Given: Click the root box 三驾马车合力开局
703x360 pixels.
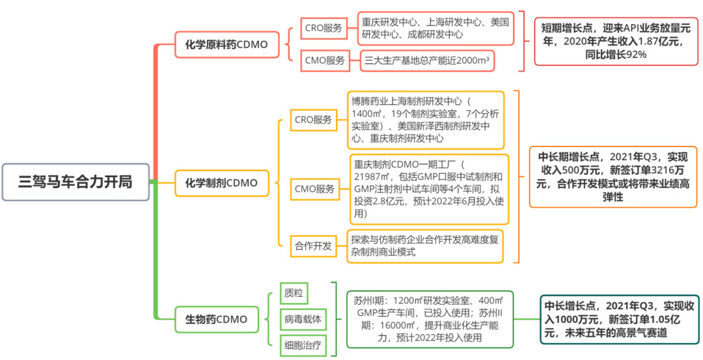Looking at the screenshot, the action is [x=76, y=182].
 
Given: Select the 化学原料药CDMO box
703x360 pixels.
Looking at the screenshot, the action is [x=227, y=44].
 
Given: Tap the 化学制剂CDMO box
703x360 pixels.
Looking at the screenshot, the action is [x=222, y=183].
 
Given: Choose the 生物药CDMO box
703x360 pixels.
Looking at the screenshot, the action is [x=217, y=320].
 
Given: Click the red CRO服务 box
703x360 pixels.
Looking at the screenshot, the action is [x=324, y=28].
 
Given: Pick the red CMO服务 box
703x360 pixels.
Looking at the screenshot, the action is [x=325, y=61].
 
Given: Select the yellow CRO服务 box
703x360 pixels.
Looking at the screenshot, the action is [x=313, y=120].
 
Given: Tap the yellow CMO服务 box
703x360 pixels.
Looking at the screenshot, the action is [x=315, y=189].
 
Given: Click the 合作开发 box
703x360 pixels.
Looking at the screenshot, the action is [x=313, y=245].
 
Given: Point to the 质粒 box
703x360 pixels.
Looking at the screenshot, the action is [x=294, y=293].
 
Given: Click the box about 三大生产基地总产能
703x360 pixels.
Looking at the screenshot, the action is [x=427, y=61].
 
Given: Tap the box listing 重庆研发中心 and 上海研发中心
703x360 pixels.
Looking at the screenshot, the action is [x=435, y=28].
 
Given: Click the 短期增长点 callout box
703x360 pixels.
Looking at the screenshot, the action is [x=616, y=41].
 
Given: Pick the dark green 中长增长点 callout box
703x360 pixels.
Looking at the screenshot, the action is [x=620, y=319].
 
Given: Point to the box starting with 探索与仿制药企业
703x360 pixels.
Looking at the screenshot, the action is [x=426, y=245].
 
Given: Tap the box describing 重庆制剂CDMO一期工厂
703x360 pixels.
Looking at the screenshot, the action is [x=430, y=189].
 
